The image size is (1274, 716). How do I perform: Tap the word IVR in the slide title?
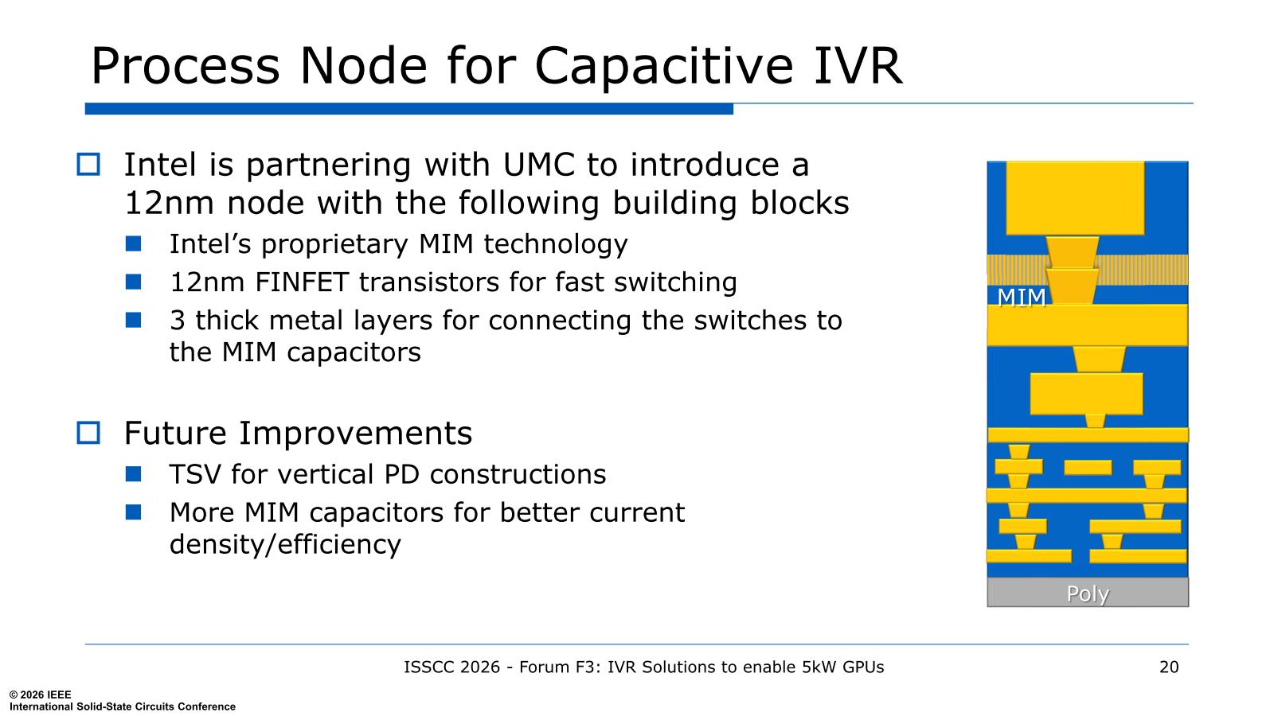click(x=858, y=67)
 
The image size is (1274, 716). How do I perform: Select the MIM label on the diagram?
click(x=1022, y=298)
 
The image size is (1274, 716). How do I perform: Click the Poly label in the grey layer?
click(x=1088, y=593)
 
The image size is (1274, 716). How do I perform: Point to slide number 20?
click(x=1169, y=667)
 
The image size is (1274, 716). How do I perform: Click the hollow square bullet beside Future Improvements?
click(x=88, y=433)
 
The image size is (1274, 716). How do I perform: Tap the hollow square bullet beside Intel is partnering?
click(x=88, y=164)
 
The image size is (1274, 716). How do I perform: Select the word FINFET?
click(x=302, y=282)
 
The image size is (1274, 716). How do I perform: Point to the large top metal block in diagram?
click(x=1075, y=198)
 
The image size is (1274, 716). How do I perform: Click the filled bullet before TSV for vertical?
click(x=134, y=474)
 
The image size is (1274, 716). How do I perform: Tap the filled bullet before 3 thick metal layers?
click(x=134, y=320)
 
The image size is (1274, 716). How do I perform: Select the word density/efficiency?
click(x=286, y=544)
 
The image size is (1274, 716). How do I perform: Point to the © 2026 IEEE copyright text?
click(x=41, y=695)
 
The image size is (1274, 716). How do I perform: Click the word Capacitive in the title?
click(x=663, y=67)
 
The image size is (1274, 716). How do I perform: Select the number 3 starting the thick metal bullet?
click(x=178, y=321)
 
